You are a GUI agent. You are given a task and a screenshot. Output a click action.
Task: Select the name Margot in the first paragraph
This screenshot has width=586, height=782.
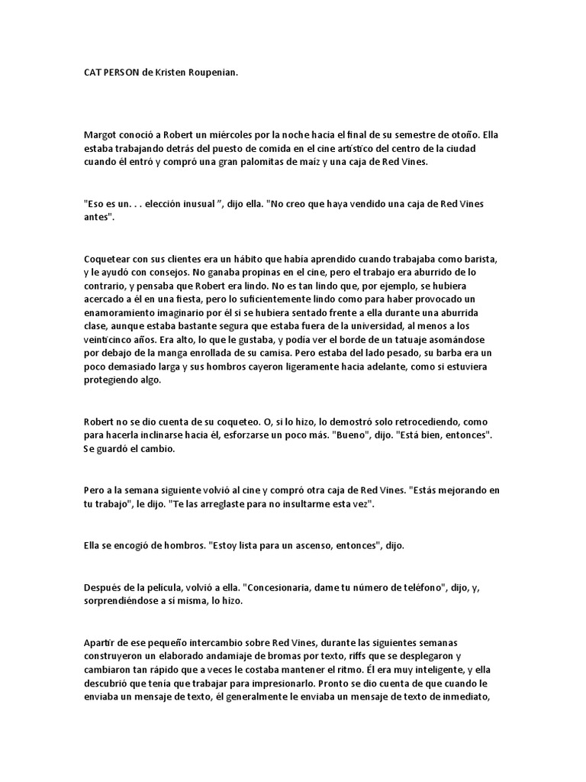(x=99, y=134)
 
